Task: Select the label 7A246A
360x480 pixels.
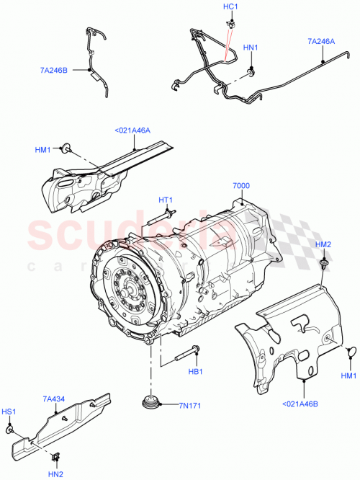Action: coord(321,42)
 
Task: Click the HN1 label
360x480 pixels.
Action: coord(250,48)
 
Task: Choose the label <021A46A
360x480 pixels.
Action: coord(132,130)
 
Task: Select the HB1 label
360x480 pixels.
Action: coord(194,372)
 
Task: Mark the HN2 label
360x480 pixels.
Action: coord(55,474)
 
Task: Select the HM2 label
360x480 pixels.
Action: coord(323,245)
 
